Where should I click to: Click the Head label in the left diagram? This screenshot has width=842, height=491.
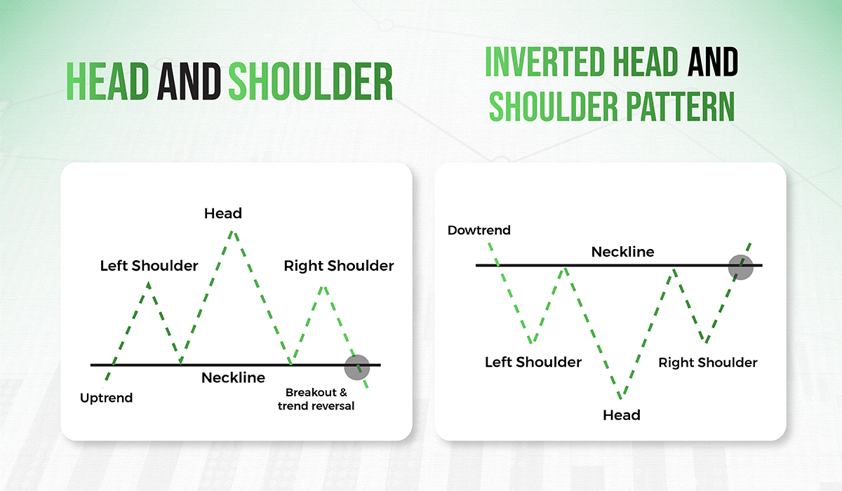point(222,213)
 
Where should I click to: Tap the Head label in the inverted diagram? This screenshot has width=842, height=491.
point(622,415)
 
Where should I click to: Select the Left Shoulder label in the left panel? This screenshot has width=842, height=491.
point(149,266)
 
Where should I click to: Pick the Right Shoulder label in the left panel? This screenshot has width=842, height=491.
point(339,266)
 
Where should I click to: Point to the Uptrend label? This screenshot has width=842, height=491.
point(107,398)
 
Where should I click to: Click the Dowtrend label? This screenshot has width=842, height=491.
point(479,230)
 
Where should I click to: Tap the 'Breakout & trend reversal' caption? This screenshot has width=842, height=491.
point(316,399)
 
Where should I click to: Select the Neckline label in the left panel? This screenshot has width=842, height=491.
point(234,378)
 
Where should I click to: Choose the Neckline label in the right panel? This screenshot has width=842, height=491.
point(622,252)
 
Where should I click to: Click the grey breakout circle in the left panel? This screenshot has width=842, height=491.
point(357,366)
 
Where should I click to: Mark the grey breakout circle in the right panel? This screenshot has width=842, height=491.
point(740,267)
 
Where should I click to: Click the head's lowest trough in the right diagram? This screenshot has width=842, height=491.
point(619,399)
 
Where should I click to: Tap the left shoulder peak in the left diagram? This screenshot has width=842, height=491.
point(149,283)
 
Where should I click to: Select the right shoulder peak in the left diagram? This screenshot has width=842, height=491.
point(322,286)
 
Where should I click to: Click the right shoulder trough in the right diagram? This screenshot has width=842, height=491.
point(706,343)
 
